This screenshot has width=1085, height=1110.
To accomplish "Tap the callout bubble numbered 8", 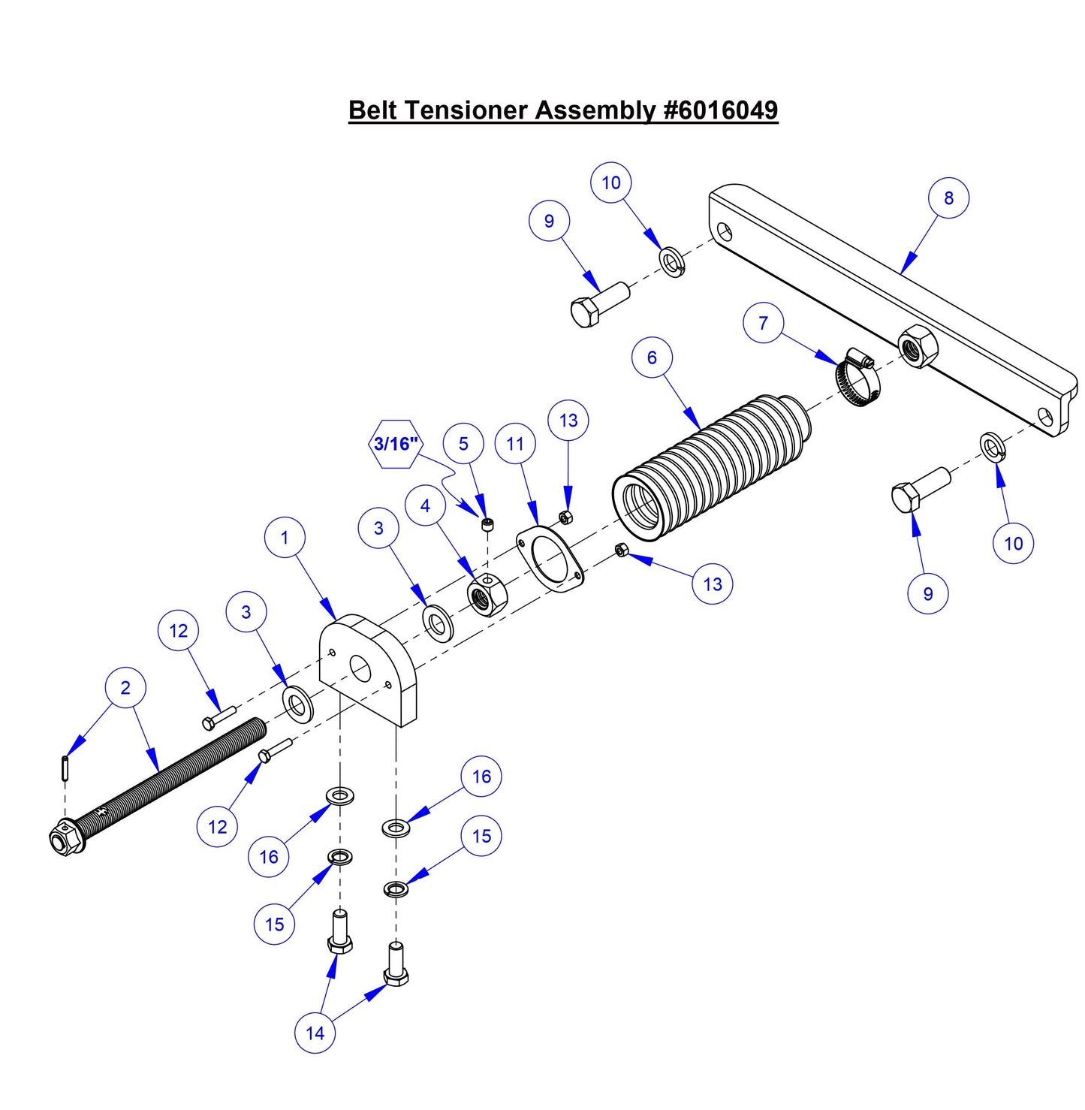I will (948, 198).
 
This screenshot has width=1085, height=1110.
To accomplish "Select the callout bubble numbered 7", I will (763, 323).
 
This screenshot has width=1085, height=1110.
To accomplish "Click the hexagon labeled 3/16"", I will (396, 444).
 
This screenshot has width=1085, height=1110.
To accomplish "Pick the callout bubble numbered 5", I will (463, 444).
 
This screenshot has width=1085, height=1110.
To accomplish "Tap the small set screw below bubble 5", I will (488, 524).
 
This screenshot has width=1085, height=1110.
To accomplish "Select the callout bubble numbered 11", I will (515, 444).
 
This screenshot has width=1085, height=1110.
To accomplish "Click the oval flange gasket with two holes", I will (550, 559).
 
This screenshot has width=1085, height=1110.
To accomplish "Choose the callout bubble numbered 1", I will (285, 538).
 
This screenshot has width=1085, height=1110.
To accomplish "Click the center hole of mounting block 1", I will (359, 668).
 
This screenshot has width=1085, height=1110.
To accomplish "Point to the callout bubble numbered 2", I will (125, 688).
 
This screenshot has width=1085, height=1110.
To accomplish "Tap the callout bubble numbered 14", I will (315, 1033).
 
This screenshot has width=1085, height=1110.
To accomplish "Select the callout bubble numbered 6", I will (652, 357).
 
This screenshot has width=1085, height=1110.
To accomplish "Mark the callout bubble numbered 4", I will (426, 505).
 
